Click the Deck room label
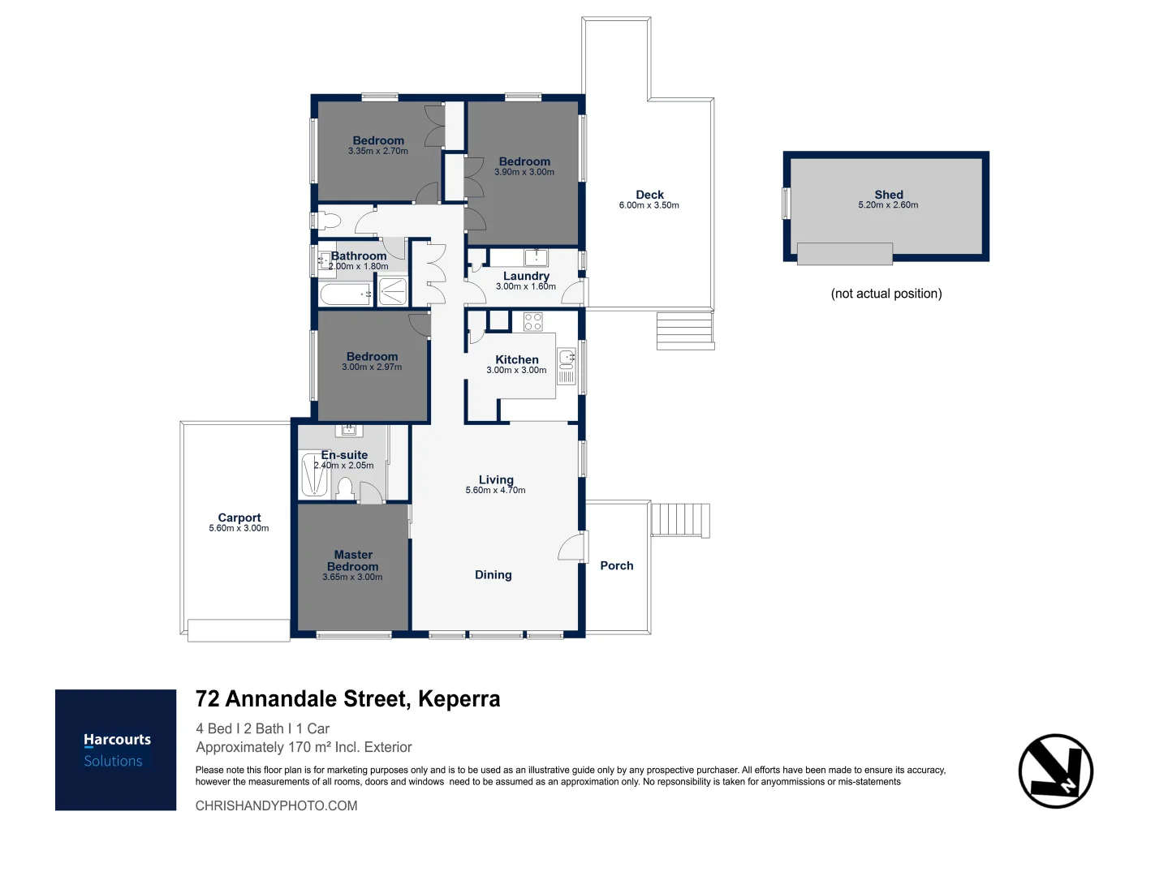click(x=649, y=195)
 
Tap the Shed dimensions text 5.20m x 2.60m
click(x=888, y=205)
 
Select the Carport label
click(x=239, y=517)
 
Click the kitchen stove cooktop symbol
click(x=532, y=321)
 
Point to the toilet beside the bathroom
click(x=326, y=220)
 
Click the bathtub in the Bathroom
click(x=346, y=294)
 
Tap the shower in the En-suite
click(x=314, y=475)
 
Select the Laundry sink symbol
click(x=536, y=258)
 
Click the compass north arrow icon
click(x=1055, y=771)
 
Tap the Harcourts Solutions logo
click(x=116, y=749)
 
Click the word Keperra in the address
click(x=459, y=698)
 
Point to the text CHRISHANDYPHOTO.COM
click(x=276, y=805)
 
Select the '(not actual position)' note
click(x=886, y=294)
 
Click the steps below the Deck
click(x=685, y=330)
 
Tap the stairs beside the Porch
click(x=680, y=520)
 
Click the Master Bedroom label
click(x=353, y=560)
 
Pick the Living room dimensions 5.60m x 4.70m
click(x=495, y=490)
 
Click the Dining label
click(x=493, y=574)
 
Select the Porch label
click(x=617, y=565)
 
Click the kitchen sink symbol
click(x=567, y=357)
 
